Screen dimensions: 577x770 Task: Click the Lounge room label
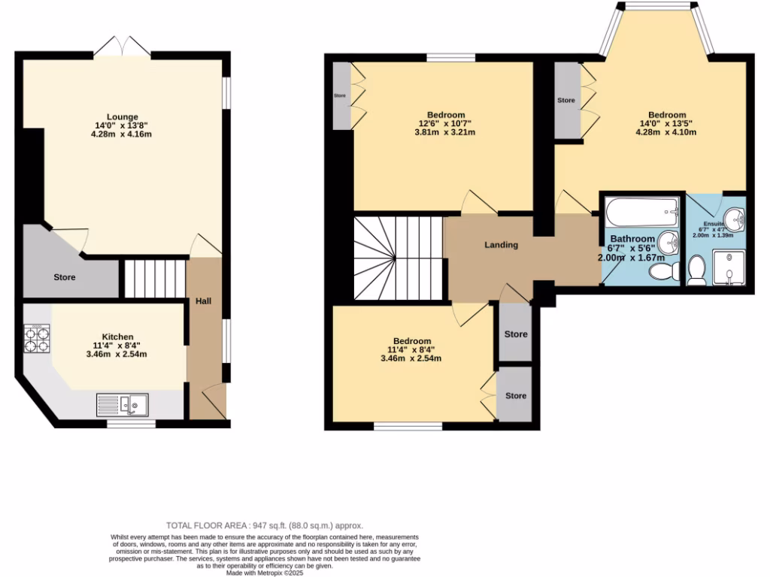coord(122,116)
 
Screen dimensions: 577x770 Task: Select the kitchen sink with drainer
coord(123,405)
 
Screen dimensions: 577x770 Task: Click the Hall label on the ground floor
coord(203,301)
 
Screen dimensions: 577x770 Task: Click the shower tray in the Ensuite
coord(727,269)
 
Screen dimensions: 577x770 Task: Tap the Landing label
coord(501,245)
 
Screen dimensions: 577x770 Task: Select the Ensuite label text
coord(714,224)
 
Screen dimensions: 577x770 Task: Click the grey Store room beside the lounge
coord(65,276)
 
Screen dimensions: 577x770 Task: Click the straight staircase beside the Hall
coord(154,278)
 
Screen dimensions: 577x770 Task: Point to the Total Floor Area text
coord(269,525)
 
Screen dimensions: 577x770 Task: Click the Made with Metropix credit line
coord(268,572)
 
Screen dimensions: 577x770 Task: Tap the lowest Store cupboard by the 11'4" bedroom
coord(516,395)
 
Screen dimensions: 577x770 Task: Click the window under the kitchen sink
coord(130,424)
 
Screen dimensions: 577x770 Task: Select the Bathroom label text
coord(632,239)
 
